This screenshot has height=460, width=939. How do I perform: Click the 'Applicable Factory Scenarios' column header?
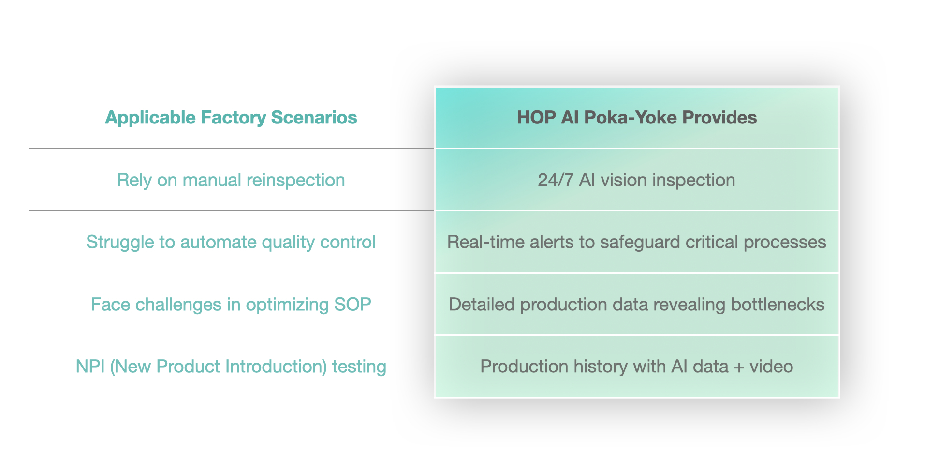(x=231, y=118)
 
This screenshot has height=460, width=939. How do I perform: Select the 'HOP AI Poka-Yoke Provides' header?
(x=637, y=118)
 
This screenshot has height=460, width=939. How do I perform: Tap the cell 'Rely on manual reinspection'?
(x=231, y=180)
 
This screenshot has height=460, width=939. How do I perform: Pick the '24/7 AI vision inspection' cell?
(x=637, y=180)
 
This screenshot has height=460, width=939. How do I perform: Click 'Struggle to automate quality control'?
(x=231, y=242)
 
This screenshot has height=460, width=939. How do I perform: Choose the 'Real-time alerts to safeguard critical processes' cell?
(x=637, y=242)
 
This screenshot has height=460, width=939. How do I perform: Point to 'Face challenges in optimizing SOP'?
(x=231, y=305)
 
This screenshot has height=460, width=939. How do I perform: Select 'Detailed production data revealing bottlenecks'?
(x=637, y=305)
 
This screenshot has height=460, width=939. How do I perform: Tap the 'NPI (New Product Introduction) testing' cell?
(x=231, y=367)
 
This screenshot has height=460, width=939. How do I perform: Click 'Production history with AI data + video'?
(x=637, y=367)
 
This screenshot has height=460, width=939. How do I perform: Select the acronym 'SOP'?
(x=353, y=305)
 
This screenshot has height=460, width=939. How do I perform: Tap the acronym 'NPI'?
(x=90, y=367)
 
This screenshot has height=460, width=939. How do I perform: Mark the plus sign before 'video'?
(x=739, y=368)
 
